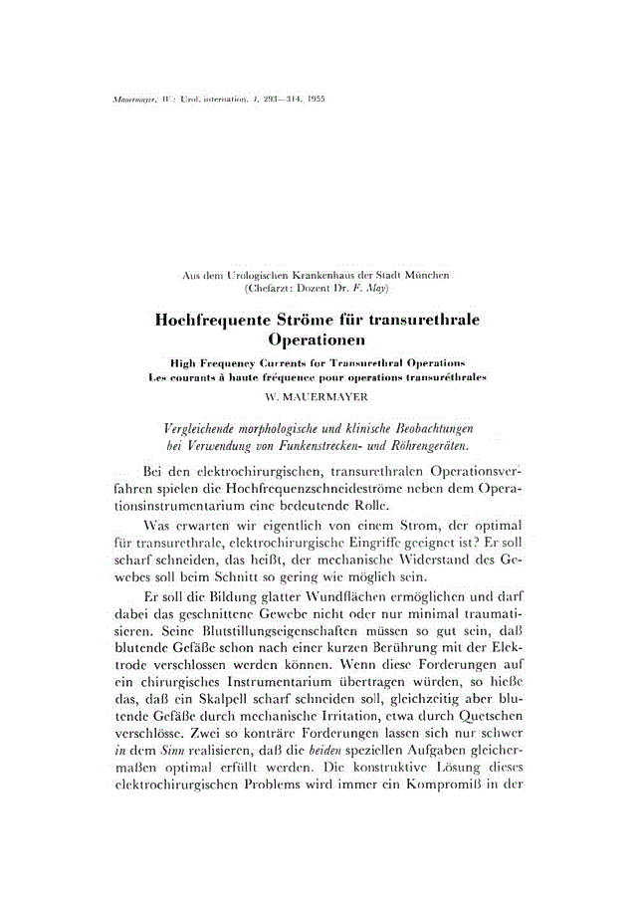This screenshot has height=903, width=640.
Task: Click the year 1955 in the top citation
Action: tap(316, 101)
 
